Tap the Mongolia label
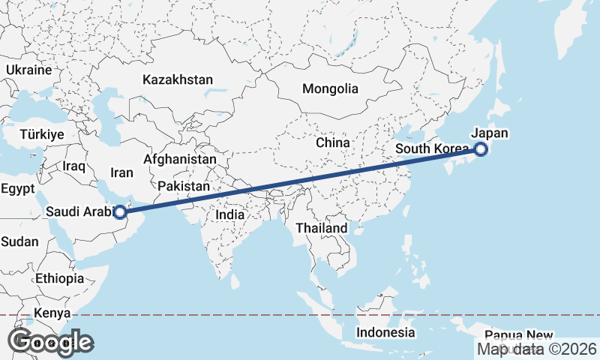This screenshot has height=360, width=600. tap(330, 88)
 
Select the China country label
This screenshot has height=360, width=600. tap(332, 142)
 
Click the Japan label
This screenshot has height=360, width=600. tap(490, 133)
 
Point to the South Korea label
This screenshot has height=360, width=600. tap(430, 149)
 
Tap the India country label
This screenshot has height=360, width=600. tap(229, 214)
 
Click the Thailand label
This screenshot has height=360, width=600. tap(322, 228)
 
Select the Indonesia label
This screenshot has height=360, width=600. tap(385, 331)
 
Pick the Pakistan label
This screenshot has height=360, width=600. tap(184, 185)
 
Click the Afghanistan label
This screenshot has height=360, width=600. tap(179, 160)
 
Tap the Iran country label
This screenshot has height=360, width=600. tap(121, 172)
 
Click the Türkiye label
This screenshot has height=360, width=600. tap(42, 134)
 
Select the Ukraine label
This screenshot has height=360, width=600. tap(28, 70)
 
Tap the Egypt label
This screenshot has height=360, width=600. tap(18, 189)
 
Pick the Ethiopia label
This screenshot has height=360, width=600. tap(59, 278)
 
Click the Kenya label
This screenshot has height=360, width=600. tap(52, 313)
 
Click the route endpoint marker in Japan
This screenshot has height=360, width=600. tap(481, 149)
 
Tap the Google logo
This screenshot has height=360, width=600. tap(50, 342)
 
